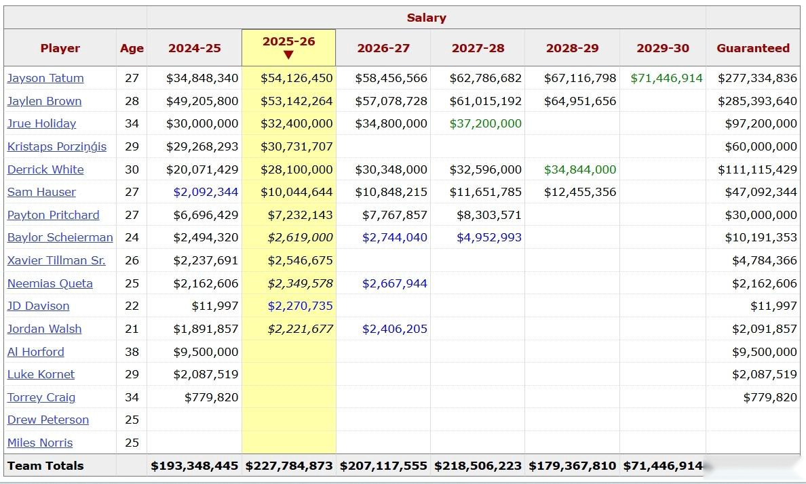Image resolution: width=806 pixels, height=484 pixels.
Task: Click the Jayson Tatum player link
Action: coord(45,78)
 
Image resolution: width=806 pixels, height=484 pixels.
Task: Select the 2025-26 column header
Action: coord(288,41)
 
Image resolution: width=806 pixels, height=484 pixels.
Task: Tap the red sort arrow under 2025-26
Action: coord(288,55)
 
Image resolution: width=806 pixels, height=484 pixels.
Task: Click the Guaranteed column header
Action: coord(753,48)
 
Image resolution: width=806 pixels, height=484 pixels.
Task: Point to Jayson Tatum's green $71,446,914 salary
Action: coord(666,78)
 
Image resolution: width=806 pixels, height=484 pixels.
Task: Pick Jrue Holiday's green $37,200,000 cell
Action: coord(485,123)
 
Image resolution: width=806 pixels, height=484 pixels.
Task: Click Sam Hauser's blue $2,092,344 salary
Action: coord(206,192)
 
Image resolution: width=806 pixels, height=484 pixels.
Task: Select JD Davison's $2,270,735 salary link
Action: coord(300,306)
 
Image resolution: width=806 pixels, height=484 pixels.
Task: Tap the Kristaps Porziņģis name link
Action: coord(57,146)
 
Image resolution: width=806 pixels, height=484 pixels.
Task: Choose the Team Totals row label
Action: coord(45,466)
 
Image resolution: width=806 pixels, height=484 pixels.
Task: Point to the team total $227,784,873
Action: coord(289,466)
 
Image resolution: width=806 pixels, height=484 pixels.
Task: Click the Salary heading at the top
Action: coord(426,18)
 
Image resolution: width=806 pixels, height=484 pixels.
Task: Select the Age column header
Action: coord(132,48)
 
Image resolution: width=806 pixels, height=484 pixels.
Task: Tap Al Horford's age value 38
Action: coord(132,352)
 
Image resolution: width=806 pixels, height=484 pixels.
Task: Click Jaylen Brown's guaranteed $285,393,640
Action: coord(757,101)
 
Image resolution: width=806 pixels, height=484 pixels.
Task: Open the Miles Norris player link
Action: coord(40,443)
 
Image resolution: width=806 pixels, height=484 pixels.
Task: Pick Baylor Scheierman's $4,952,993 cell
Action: coord(488,237)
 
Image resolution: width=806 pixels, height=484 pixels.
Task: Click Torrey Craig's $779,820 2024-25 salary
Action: coord(211,397)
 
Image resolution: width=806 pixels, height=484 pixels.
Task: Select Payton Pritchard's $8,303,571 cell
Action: coord(488,215)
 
